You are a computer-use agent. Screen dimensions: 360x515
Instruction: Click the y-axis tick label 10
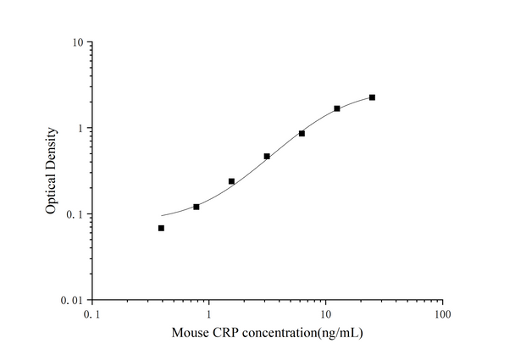pos(75,42)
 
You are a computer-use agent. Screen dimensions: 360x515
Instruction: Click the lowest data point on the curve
pos(161,228)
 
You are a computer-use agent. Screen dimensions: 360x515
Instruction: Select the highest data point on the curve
pos(372,97)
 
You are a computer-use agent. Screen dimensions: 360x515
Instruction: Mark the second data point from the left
pos(197,207)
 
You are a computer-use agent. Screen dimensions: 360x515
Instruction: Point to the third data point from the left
pos(231,181)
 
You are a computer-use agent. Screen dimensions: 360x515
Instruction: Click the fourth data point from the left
pos(267,156)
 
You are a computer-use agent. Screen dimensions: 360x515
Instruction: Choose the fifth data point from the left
pos(302,133)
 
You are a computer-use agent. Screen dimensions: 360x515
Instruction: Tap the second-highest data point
pos(337,108)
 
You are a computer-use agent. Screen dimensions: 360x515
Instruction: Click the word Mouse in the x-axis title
pos(191,334)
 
